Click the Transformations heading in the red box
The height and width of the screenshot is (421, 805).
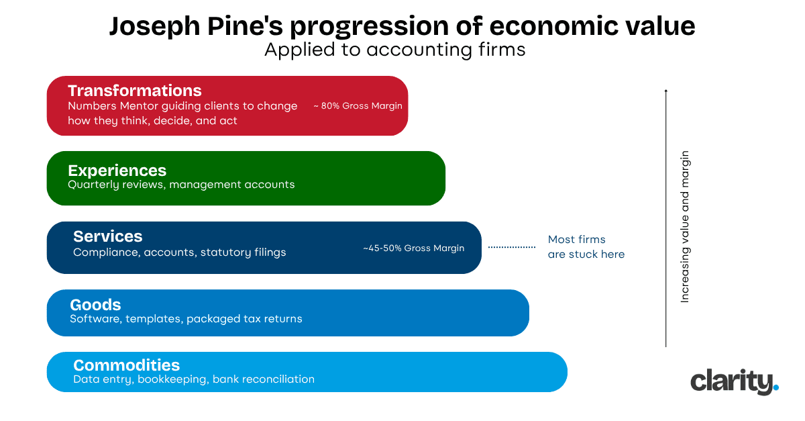pyautogui.click(x=134, y=91)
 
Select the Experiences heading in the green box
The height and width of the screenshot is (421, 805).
pyautogui.click(x=117, y=170)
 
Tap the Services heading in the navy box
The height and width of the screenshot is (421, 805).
pyautogui.click(x=107, y=236)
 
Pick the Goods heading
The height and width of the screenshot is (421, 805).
pyautogui.click(x=95, y=305)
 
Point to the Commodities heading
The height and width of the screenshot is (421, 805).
pyautogui.click(x=126, y=365)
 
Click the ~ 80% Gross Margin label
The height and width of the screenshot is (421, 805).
pyautogui.click(x=358, y=106)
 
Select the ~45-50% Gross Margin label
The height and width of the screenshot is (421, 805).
pyautogui.click(x=413, y=248)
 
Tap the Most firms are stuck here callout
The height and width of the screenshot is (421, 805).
pyautogui.click(x=586, y=246)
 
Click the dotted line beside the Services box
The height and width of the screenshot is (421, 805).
pyautogui.click(x=511, y=247)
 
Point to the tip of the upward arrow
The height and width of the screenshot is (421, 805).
pyautogui.click(x=665, y=90)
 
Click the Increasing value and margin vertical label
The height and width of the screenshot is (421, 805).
pyautogui.click(x=685, y=226)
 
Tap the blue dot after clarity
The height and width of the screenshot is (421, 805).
pyautogui.click(x=776, y=387)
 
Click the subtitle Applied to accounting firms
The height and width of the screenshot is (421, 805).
pyautogui.click(x=394, y=50)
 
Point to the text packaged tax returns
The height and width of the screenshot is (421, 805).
pyautogui.click(x=244, y=318)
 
